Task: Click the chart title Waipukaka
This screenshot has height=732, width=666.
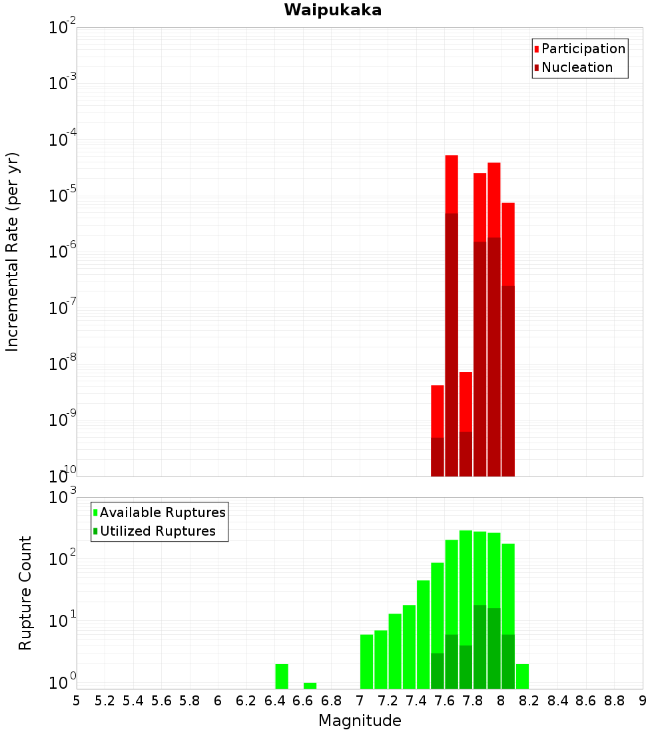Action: pyautogui.click(x=332, y=10)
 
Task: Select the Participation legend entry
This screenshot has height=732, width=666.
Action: pyautogui.click(x=583, y=49)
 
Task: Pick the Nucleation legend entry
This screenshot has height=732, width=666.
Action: pyautogui.click(x=576, y=67)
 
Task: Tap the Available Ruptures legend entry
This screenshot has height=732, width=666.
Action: pyautogui.click(x=162, y=512)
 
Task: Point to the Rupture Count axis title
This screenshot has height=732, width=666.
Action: pyautogui.click(x=25, y=592)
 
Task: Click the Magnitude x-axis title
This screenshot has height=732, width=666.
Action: pyautogui.click(x=360, y=721)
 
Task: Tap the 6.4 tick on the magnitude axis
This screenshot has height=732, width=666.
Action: pyautogui.click(x=274, y=701)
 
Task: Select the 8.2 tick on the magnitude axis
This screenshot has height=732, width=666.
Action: pyautogui.click(x=529, y=701)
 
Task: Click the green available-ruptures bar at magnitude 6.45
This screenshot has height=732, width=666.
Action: pyautogui.click(x=282, y=676)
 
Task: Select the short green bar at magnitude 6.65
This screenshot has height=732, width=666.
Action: pyautogui.click(x=310, y=685)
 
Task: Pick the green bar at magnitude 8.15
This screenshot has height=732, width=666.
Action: pyautogui.click(x=522, y=676)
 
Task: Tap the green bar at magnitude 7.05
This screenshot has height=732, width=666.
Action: pyautogui.click(x=366, y=661)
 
